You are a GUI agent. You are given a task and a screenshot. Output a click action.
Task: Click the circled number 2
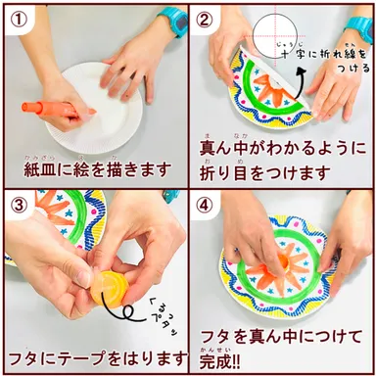click(x=204, y=16)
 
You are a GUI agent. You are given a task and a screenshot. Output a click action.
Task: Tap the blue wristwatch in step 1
click(x=173, y=17)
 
